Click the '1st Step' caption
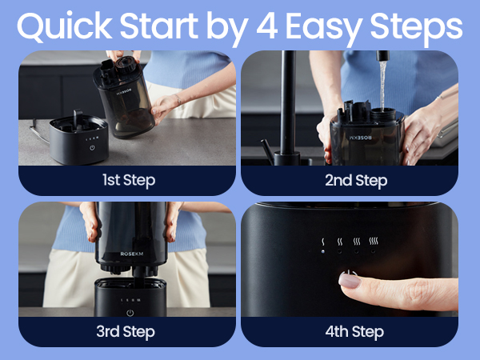click(x=129, y=180)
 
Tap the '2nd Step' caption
click(x=356, y=180)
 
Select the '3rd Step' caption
click(x=126, y=331)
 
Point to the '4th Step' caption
click(x=354, y=331)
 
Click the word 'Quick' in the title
click(x=65, y=26)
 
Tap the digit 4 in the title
click(x=267, y=26)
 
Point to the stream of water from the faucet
click(x=382, y=86)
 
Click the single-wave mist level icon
click(x=323, y=242)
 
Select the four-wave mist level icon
click(x=374, y=241)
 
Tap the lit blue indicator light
click(x=323, y=251)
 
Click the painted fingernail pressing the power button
click(x=350, y=280)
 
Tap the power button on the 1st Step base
click(x=92, y=148)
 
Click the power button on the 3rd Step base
click(x=130, y=313)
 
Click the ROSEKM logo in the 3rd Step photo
click(x=132, y=254)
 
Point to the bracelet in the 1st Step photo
click(x=178, y=99)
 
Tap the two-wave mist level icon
click(x=340, y=242)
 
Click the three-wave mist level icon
click(x=357, y=242)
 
